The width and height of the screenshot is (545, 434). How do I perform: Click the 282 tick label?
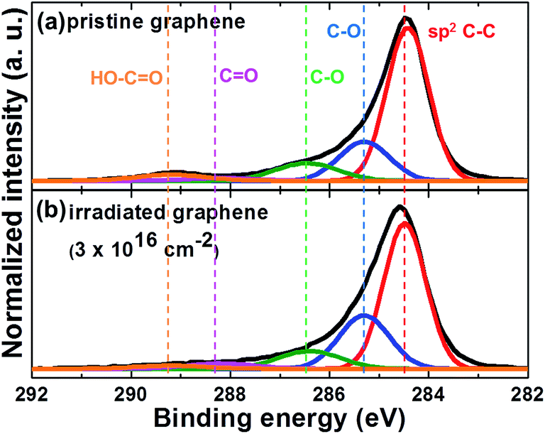(x=524, y=391)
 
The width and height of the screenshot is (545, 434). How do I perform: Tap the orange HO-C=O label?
(x=128, y=76)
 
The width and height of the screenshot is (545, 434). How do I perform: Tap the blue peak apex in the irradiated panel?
(x=364, y=315)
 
